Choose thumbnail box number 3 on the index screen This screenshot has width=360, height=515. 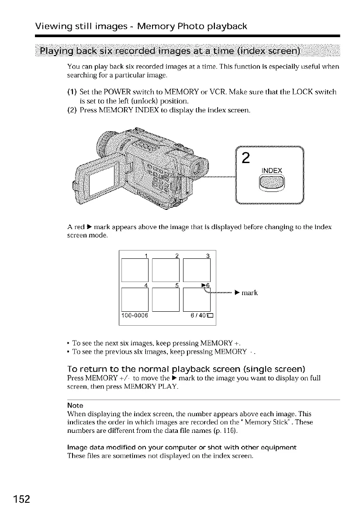pos(197,271)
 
